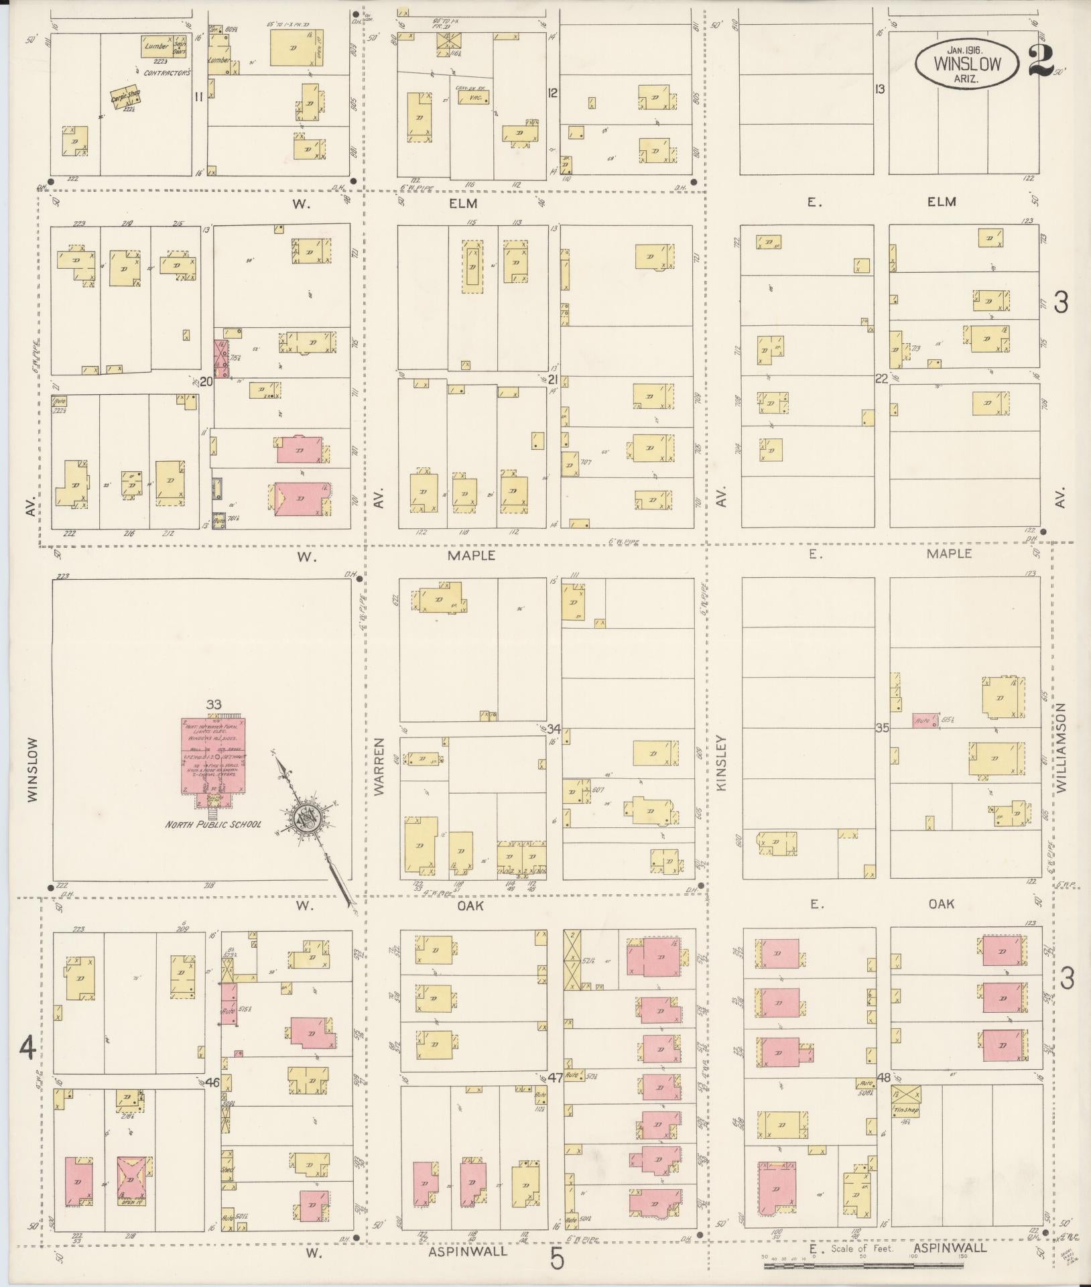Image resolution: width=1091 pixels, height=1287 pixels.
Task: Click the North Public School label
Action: [213, 824]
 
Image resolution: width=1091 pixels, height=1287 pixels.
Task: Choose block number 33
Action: [214, 704]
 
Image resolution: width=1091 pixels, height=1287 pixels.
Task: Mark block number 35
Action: [882, 727]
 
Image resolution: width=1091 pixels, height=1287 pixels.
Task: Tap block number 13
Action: [880, 88]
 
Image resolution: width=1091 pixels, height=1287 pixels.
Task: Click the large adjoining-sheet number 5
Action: [557, 1259]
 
